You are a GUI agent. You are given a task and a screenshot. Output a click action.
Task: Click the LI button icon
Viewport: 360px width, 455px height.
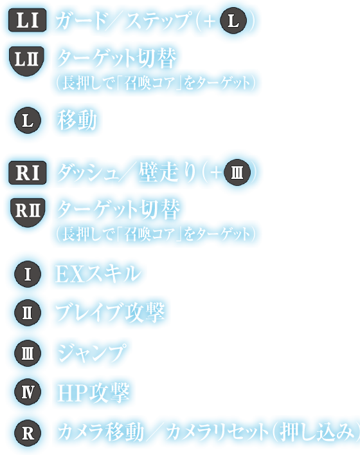click(27, 20)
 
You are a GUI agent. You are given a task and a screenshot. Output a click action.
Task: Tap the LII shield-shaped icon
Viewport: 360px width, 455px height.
click(26, 61)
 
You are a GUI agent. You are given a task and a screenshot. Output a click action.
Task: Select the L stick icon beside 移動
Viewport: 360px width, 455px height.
click(28, 120)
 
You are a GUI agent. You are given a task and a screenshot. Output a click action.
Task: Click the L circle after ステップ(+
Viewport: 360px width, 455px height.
click(233, 21)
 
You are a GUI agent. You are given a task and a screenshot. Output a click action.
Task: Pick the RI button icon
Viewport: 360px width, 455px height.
click(28, 172)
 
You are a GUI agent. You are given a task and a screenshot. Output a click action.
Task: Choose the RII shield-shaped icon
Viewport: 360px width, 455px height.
click(28, 212)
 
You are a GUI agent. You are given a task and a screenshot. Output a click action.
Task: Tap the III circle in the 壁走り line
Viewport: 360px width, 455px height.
click(237, 172)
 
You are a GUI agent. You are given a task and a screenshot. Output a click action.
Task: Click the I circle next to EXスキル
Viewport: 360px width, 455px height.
click(28, 274)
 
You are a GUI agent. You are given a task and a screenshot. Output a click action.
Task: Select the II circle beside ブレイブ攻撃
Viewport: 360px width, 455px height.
click(28, 313)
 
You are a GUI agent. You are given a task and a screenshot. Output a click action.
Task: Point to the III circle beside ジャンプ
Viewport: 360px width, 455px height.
click(28, 353)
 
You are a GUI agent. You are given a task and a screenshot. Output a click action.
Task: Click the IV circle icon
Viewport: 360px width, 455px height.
click(28, 392)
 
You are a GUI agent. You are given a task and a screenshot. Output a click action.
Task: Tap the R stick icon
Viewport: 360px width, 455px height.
click(28, 433)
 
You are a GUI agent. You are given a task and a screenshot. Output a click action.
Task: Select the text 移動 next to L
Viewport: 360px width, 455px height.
click(76, 120)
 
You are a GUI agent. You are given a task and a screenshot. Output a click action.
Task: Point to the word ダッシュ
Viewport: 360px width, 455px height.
click(88, 172)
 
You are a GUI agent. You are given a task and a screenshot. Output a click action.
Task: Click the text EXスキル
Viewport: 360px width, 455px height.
click(98, 274)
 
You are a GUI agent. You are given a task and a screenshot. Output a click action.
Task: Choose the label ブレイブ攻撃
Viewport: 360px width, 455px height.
click(110, 313)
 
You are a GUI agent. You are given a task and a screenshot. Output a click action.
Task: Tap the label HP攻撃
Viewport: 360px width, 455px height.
click(93, 393)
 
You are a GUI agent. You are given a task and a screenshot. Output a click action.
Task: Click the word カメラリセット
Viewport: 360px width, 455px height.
click(217, 432)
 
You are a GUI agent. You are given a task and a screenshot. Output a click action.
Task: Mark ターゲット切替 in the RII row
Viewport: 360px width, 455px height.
click(118, 209)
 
